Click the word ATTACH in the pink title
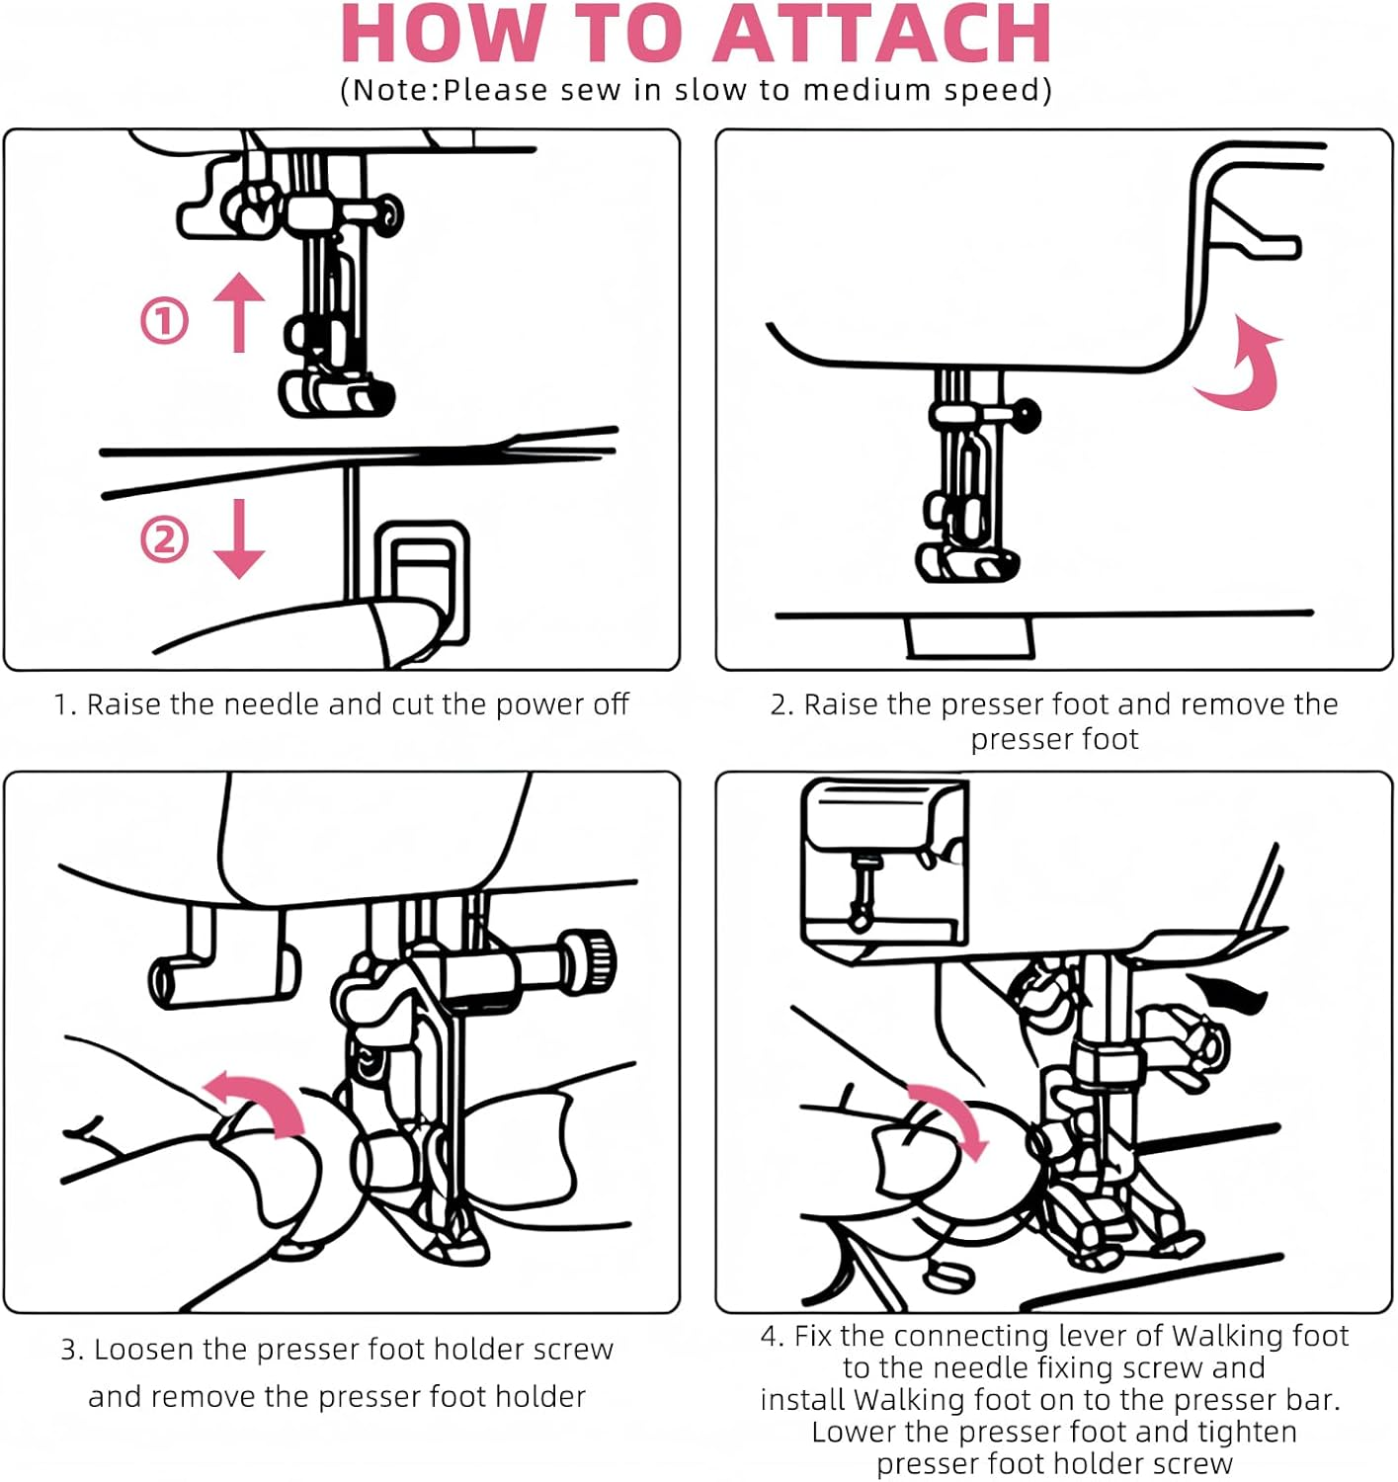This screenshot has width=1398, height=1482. (x=882, y=35)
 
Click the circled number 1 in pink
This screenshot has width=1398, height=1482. (x=164, y=321)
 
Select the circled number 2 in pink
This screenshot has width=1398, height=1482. (x=164, y=539)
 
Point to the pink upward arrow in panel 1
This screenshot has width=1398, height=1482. (x=239, y=311)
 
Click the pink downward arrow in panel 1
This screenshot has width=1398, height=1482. (x=239, y=538)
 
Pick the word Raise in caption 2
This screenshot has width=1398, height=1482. (x=841, y=704)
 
